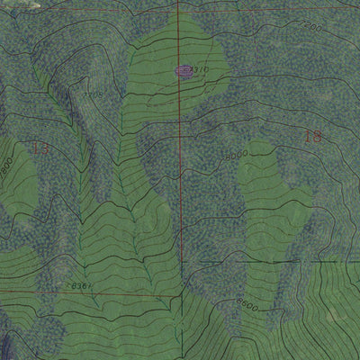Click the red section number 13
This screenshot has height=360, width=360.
pos(40,148)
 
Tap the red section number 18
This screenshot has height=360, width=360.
pos(312,138)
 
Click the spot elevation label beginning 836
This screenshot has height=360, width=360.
pos(79,286)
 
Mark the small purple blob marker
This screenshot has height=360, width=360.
pos(184,70)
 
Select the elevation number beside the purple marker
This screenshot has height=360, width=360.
pos(201,68)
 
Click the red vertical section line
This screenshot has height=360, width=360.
pos(179,180)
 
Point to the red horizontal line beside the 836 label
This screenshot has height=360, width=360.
pos(126,292)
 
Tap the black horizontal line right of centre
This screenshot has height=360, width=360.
pos(270,262)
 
